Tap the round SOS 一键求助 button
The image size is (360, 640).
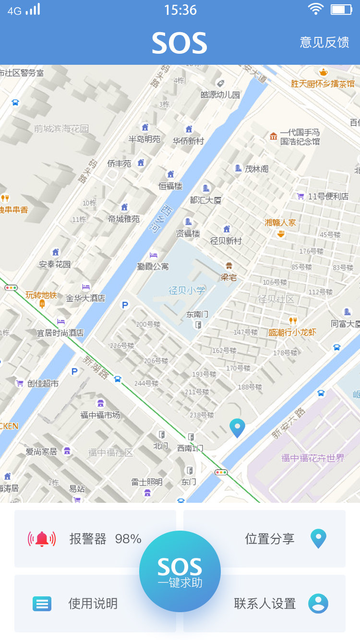pyautogui.click(x=180, y=571)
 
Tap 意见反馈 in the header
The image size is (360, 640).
pyautogui.click(x=324, y=42)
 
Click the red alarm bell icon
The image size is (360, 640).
pyautogui.click(x=42, y=539)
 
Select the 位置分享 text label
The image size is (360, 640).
pyautogui.click(x=269, y=539)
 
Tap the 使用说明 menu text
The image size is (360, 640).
pyautogui.click(x=93, y=604)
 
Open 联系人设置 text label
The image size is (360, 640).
pyautogui.click(x=264, y=604)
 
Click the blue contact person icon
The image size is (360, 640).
pyautogui.click(x=318, y=604)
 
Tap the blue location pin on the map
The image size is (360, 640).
pyautogui.click(x=237, y=427)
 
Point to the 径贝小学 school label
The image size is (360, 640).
pyautogui.click(x=187, y=290)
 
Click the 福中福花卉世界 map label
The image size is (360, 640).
pyautogui.click(x=313, y=458)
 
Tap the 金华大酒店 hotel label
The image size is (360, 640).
pyautogui.click(x=85, y=298)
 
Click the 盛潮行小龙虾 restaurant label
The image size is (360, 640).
pyautogui.click(x=292, y=332)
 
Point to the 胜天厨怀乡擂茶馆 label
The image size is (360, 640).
pyautogui.click(x=323, y=83)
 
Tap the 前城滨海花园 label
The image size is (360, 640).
pyautogui.click(x=61, y=129)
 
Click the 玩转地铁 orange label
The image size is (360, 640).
pyautogui.click(x=41, y=295)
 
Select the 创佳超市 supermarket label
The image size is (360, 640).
pyautogui.click(x=43, y=383)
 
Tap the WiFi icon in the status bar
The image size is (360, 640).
pyautogui.click(x=315, y=10)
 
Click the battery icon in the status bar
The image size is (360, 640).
pyautogui.click(x=341, y=10)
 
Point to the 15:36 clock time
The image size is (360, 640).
pyautogui.click(x=180, y=10)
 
